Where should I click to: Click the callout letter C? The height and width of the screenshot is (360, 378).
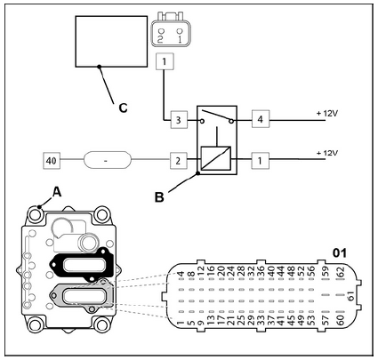pyautogui.click(x=123, y=108)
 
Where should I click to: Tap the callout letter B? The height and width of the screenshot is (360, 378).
pyautogui.click(x=159, y=197)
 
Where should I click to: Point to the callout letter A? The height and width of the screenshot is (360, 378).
pyautogui.click(x=57, y=192)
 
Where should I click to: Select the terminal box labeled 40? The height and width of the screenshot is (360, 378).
pyautogui.click(x=52, y=161)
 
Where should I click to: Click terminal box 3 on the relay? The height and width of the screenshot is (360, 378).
pyautogui.click(x=179, y=120)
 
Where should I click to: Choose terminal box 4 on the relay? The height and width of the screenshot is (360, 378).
pyautogui.click(x=261, y=119)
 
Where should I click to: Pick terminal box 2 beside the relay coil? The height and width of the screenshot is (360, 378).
pyautogui.click(x=178, y=161)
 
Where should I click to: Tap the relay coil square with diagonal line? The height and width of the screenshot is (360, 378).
pyautogui.click(x=216, y=158)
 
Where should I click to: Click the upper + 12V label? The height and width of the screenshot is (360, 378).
pyautogui.click(x=327, y=113)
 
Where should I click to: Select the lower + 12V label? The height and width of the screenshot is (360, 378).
pyautogui.click(x=327, y=153)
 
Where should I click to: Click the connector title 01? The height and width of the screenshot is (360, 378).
pyautogui.click(x=340, y=253)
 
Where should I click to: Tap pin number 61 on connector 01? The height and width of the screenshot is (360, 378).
pyautogui.click(x=350, y=296)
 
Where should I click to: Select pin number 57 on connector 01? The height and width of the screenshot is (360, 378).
pyautogui.click(x=326, y=320)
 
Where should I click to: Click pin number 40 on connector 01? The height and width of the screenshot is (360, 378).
pyautogui.click(x=271, y=272)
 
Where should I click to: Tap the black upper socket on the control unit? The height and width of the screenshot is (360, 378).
pyautogui.click(x=82, y=264)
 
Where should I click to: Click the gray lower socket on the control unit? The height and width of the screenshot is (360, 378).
pyautogui.click(x=82, y=295)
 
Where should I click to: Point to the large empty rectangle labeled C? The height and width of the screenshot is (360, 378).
pyautogui.click(x=111, y=41)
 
